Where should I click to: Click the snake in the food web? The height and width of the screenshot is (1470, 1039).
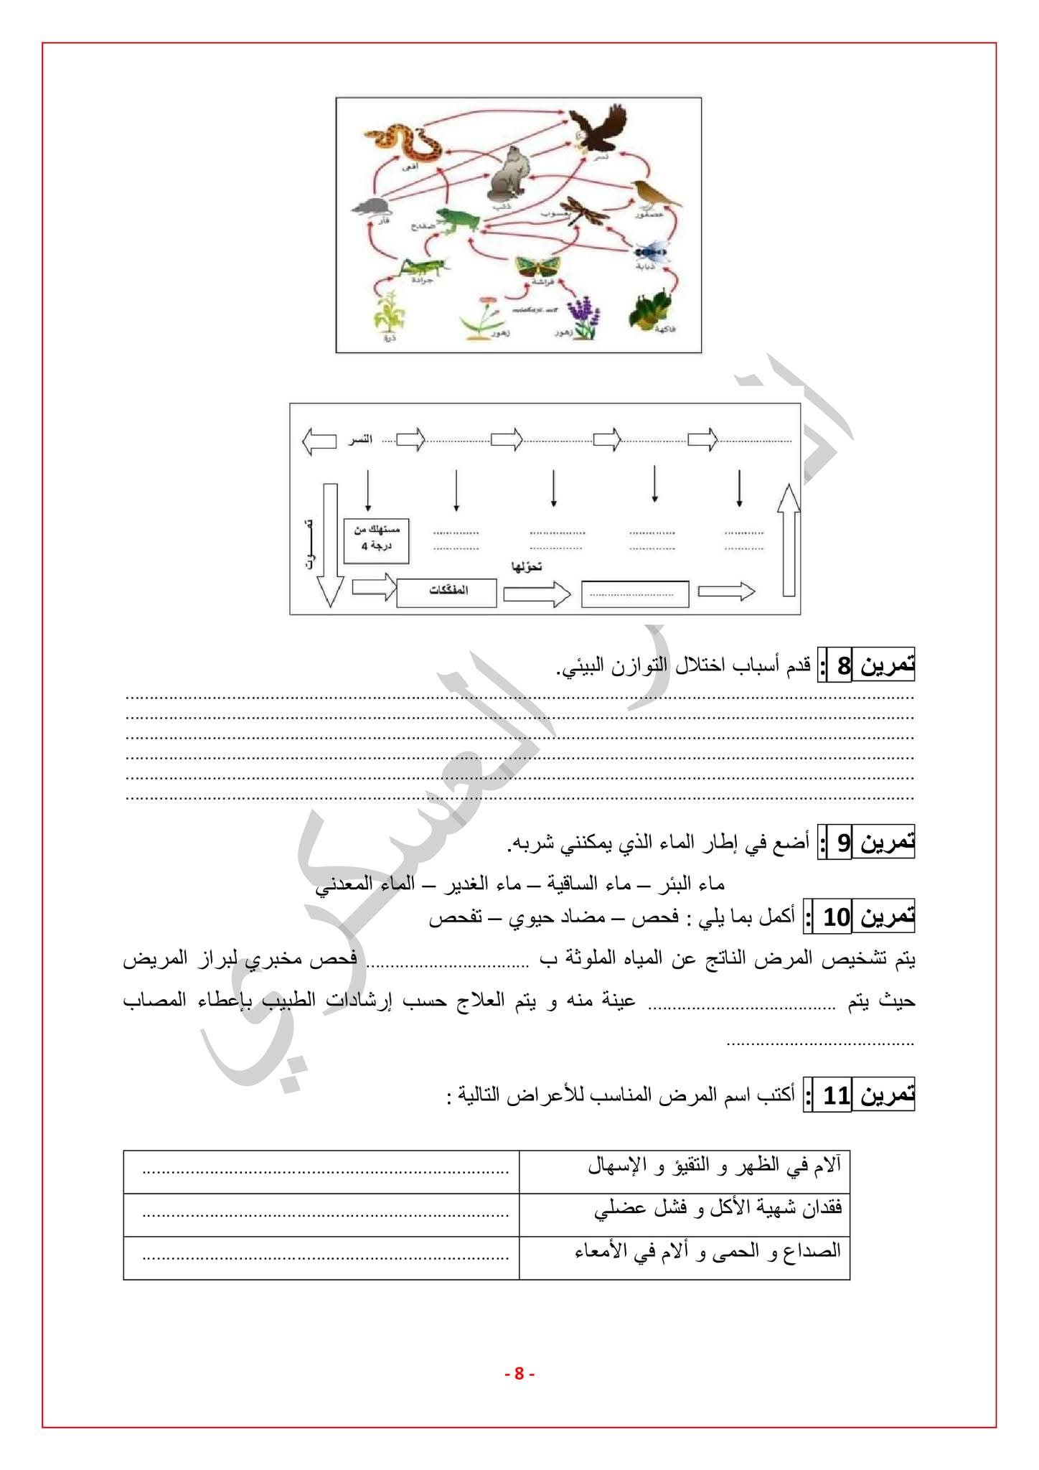[403, 144]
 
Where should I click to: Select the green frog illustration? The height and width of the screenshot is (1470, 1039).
[456, 219]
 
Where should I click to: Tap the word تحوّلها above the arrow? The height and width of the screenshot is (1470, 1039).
[526, 567]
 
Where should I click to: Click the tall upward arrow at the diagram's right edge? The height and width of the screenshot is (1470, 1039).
[788, 539]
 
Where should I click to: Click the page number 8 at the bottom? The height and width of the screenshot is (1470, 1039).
[519, 1374]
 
